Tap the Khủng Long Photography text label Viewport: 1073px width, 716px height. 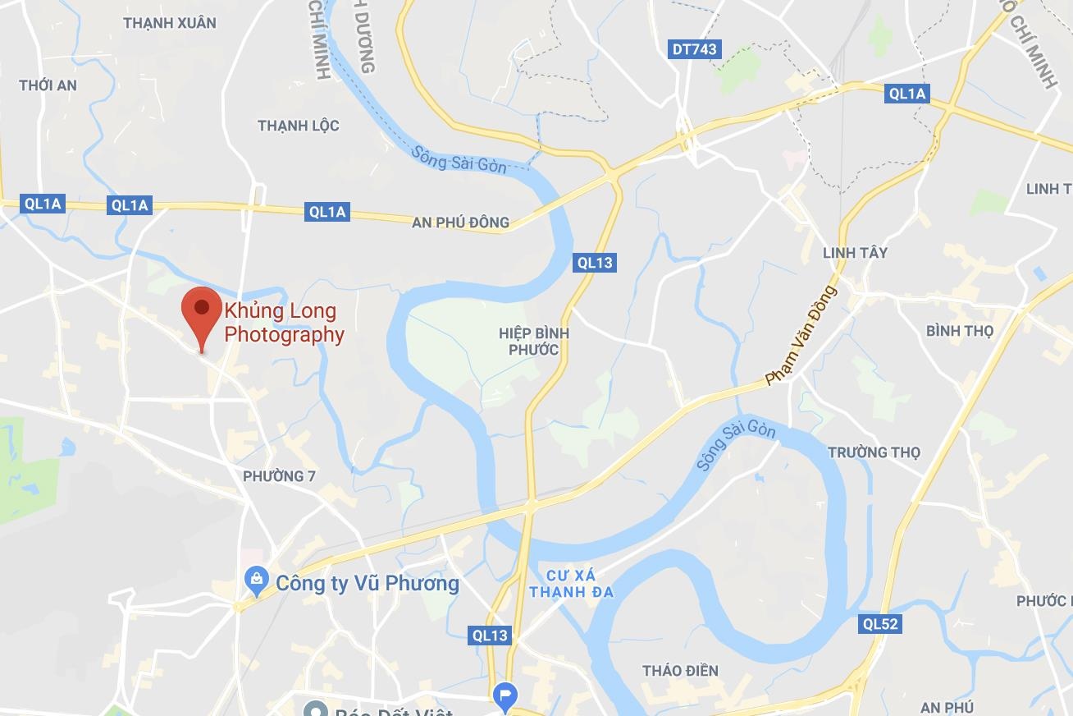pyautogui.click(x=284, y=323)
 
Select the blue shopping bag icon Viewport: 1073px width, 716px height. pyautogui.click(x=258, y=582)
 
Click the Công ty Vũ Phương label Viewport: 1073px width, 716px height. pyautogui.click(x=367, y=583)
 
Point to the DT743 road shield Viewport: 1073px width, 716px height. pyautogui.click(x=694, y=49)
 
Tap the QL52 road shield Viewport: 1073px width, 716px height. pyautogui.click(x=880, y=624)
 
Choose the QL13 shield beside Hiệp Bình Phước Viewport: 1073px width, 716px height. pyautogui.click(x=595, y=263)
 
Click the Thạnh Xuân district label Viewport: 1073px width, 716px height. pyautogui.click(x=170, y=23)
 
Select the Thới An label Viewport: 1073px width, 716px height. pyautogui.click(x=48, y=85)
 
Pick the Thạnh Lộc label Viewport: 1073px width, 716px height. pyautogui.click(x=298, y=126)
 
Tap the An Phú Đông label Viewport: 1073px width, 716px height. pyautogui.click(x=460, y=222)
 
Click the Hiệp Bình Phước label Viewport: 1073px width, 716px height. pyautogui.click(x=533, y=342)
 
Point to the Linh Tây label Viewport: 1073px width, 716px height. pyautogui.click(x=855, y=252)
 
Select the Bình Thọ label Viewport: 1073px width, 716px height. pyautogui.click(x=959, y=331)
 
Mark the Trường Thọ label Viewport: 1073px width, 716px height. pyautogui.click(x=874, y=452)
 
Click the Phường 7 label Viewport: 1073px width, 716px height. pyautogui.click(x=279, y=476)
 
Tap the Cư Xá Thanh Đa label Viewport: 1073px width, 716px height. pyautogui.click(x=571, y=582)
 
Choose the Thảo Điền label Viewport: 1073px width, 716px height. pyautogui.click(x=680, y=671)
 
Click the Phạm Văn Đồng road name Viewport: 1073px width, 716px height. pyautogui.click(x=801, y=335)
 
